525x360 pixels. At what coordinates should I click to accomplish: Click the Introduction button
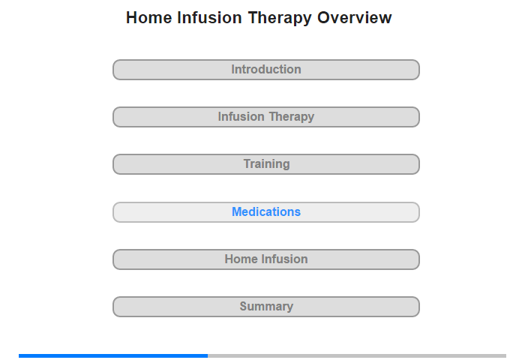click(266, 70)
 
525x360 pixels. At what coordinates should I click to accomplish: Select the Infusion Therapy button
click(266, 117)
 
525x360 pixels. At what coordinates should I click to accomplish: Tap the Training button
click(266, 164)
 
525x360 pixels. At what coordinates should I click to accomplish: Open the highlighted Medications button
click(266, 212)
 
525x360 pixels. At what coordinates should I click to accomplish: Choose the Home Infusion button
click(266, 259)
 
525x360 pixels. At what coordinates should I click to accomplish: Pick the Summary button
click(266, 307)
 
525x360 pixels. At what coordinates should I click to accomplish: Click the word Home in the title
click(149, 17)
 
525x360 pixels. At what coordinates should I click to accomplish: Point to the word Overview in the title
click(354, 17)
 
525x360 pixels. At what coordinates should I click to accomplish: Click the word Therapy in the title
click(280, 19)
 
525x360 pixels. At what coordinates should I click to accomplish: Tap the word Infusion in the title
click(209, 17)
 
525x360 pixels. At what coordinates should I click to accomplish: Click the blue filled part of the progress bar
click(113, 355)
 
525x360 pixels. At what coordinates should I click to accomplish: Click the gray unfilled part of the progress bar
click(357, 355)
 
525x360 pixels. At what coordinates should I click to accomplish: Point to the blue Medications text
click(266, 211)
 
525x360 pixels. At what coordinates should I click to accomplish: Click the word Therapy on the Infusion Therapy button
click(292, 117)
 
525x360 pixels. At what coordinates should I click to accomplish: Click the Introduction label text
click(266, 69)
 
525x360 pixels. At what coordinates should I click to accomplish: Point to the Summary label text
click(266, 307)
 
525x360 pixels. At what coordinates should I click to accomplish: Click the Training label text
click(266, 164)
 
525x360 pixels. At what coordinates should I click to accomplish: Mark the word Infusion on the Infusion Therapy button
click(241, 116)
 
